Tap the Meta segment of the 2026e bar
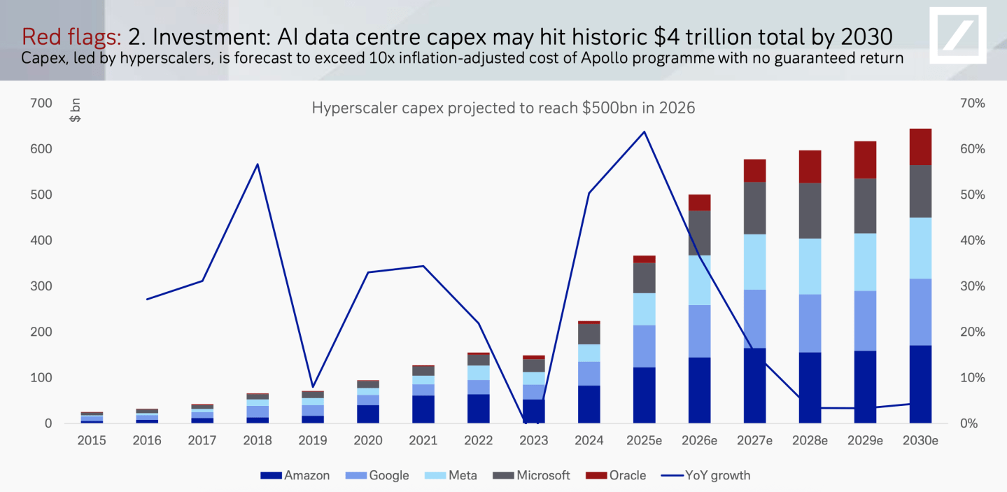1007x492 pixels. [700, 280]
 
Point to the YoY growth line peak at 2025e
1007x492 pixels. [645, 132]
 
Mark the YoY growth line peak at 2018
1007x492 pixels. [258, 164]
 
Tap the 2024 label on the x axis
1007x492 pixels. [589, 440]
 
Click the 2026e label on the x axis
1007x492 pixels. [700, 440]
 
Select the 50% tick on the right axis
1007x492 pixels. [973, 195]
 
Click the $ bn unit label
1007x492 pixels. [75, 111]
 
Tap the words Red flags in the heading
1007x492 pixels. [72, 36]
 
